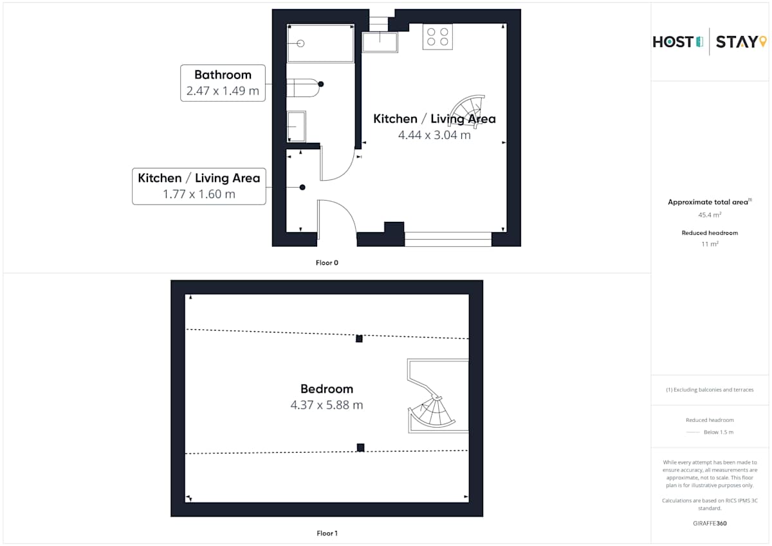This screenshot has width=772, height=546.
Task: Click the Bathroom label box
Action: click(223, 83)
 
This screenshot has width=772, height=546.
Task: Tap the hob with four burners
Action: click(437, 37)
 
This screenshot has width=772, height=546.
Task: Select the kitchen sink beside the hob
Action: click(380, 42)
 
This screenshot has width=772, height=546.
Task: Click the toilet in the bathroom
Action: click(303, 88)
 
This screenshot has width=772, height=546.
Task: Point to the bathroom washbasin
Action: click(297, 127)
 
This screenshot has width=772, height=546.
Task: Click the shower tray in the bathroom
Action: click(320, 43)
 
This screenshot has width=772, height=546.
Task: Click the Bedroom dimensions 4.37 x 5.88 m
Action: click(327, 405)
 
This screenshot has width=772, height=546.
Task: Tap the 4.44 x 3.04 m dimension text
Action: click(434, 135)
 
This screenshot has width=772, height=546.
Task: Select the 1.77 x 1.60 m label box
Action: click(199, 187)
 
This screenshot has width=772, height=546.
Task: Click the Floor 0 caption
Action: click(327, 263)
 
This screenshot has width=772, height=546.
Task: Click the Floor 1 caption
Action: click(327, 533)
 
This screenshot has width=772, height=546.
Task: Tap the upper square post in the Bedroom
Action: click(359, 339)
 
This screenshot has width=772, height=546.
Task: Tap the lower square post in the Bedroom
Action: click(360, 448)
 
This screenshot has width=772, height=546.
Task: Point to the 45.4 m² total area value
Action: click(710, 215)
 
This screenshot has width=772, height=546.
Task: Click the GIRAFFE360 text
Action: click(710, 523)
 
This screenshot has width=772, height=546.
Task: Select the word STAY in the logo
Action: click(737, 42)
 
